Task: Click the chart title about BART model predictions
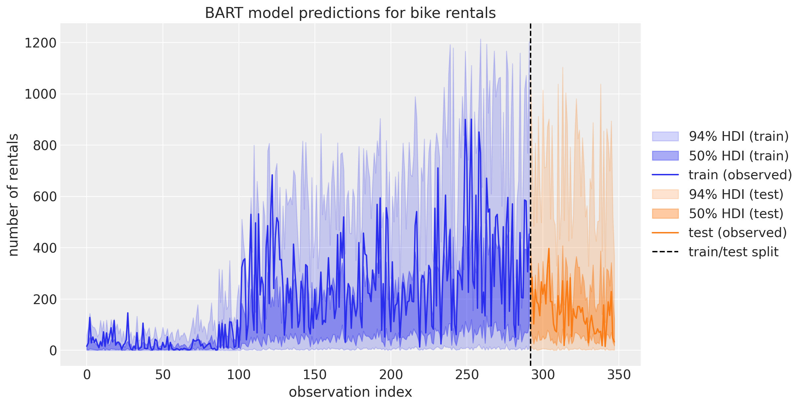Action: (x=350, y=13)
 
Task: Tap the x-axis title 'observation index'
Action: (x=350, y=392)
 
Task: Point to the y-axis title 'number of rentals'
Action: (x=13, y=195)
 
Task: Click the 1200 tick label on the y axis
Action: (x=40, y=43)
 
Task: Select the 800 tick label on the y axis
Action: (x=45, y=145)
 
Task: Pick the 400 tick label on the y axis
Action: (x=45, y=248)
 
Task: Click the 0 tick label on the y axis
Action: (x=53, y=351)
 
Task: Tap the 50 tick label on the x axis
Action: (x=163, y=375)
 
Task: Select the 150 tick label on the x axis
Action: (x=315, y=375)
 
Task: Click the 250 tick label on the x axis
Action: (x=467, y=375)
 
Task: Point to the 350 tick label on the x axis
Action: (x=619, y=375)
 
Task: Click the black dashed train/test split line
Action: (x=530, y=195)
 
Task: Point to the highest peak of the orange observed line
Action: (x=549, y=248)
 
